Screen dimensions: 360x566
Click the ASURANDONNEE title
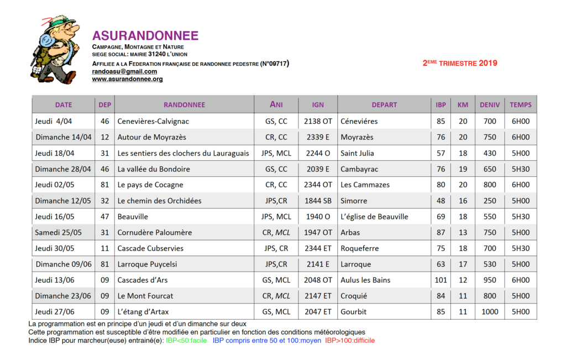click(x=145, y=36)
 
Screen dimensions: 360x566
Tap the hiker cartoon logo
click(x=54, y=50)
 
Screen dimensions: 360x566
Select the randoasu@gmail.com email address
click(x=124, y=71)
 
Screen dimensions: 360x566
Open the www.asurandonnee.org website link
click(x=127, y=79)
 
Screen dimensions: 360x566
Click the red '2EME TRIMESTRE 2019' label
click(x=460, y=63)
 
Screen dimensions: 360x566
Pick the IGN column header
click(x=318, y=105)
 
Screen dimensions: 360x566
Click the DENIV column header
click(x=490, y=105)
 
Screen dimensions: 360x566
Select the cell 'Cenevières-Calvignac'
click(x=153, y=121)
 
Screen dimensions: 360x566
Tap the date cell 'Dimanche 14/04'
click(x=64, y=137)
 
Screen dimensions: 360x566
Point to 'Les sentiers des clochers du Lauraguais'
click(x=183, y=153)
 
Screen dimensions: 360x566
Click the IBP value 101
click(x=441, y=280)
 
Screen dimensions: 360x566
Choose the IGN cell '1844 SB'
click(x=318, y=201)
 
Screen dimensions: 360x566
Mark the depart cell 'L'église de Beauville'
click(x=374, y=217)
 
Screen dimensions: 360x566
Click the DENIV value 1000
click(x=490, y=312)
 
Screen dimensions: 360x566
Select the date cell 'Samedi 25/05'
click(x=58, y=232)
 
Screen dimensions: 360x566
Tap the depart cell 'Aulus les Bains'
click(x=365, y=280)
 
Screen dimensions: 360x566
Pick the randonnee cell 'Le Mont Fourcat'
click(x=145, y=296)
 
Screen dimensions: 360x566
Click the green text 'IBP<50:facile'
click(x=186, y=341)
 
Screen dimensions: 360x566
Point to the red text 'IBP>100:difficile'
click(x=350, y=341)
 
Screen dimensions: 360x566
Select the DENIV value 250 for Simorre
click(x=490, y=201)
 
